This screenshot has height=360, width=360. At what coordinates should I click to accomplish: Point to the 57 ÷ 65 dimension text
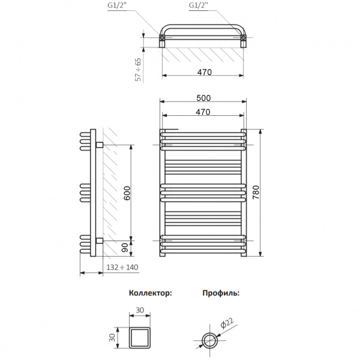(138, 70)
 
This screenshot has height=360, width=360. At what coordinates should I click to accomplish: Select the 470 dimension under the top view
(202, 72)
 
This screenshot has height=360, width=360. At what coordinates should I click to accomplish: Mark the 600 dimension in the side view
(127, 193)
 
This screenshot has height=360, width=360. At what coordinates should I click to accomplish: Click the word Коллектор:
(150, 294)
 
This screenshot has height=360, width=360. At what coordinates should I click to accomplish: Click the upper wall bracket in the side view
(99, 145)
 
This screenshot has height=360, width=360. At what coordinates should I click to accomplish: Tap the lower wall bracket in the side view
(99, 241)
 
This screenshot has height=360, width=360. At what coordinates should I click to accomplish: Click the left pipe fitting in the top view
(162, 40)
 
